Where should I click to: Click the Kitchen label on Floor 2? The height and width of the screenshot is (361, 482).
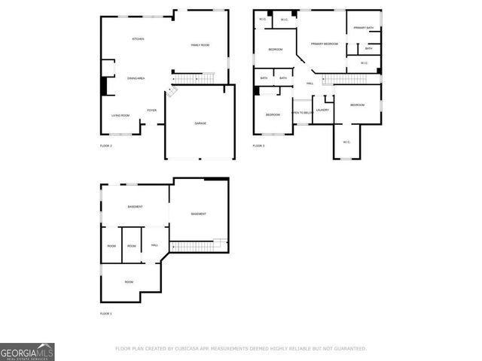coord(138,39)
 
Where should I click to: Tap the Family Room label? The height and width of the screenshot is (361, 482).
coord(200,46)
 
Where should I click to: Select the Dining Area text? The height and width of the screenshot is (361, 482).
coord(136,78)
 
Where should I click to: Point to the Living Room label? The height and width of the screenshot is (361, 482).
coord(120,115)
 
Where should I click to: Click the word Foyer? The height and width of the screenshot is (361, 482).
coord(151,110)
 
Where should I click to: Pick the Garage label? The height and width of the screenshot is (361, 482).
coord(200,123)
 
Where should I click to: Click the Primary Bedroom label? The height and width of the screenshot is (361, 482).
coord(325,44)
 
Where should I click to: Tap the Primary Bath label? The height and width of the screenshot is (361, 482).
coord(365,28)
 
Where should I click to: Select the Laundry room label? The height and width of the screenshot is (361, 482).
coord(322,110)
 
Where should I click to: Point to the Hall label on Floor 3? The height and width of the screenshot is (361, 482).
coord(310,83)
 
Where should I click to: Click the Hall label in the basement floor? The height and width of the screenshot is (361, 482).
coord(154,245)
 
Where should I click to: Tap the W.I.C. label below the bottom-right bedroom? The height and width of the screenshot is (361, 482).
coord(346,142)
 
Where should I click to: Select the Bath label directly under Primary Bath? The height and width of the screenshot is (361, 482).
coord(368,48)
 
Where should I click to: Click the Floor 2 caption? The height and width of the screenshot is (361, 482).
coord(105,145)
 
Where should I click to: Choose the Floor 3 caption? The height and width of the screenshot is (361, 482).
coord(258,145)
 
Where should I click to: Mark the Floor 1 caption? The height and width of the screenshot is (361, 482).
coord(105,313)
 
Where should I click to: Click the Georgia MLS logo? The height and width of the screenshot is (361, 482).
coord(27,351)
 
